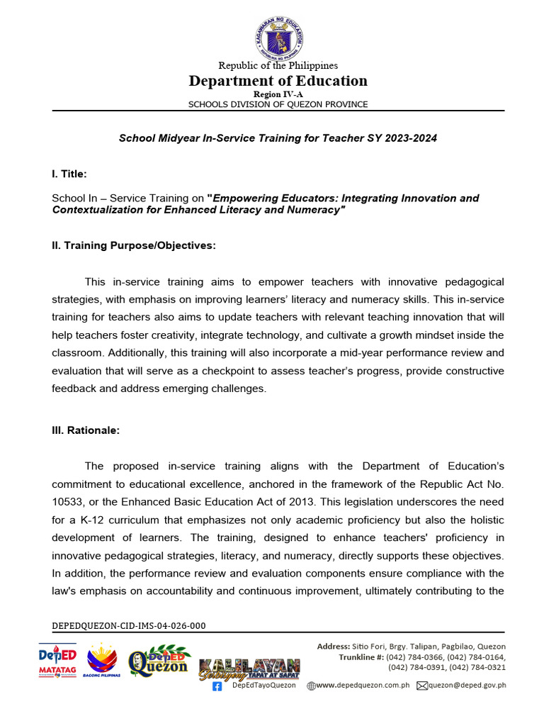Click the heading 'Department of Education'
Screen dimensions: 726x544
278,81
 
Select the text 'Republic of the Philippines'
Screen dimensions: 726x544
278,66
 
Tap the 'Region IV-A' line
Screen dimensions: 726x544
278,94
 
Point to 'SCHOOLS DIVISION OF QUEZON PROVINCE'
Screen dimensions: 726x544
278,104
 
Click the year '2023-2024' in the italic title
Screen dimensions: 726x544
412,138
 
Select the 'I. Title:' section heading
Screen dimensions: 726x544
69,174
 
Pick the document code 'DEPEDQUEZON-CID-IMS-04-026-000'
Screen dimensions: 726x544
129,626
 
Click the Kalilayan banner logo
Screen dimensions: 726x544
249,669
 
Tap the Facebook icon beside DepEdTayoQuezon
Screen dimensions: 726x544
217,686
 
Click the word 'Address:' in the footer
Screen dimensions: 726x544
333,647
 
